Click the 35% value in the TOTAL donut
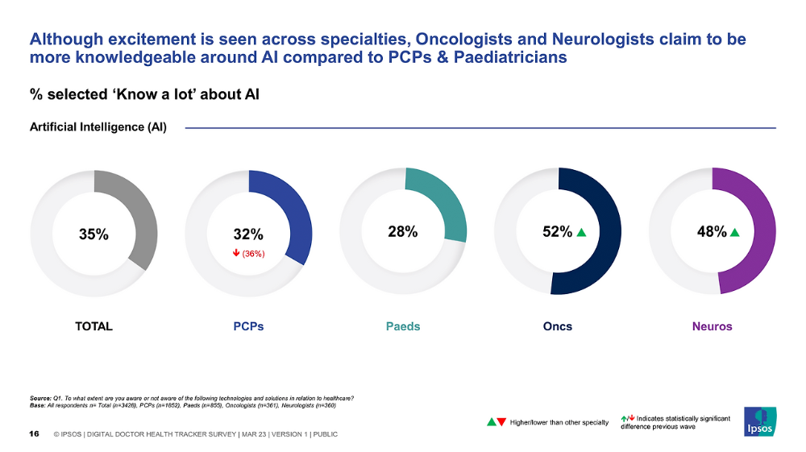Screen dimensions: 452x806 coord(93,234)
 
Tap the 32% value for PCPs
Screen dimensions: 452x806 coord(248,234)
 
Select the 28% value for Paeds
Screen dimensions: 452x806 coord(402,231)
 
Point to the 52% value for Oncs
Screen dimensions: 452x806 coord(556,231)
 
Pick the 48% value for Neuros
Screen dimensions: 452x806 coord(711,231)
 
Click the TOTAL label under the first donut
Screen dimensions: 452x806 coord(93,326)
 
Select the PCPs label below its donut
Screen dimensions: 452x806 coord(248,326)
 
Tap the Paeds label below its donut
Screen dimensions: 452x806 coord(403,326)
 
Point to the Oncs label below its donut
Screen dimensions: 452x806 coord(557,326)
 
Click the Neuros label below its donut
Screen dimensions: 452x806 coord(712,326)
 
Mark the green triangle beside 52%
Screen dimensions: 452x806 coord(581,232)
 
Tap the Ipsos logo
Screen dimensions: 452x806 coord(759,420)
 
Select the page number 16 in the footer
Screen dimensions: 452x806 coord(35,434)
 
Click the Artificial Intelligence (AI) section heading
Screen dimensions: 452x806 coord(98,127)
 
